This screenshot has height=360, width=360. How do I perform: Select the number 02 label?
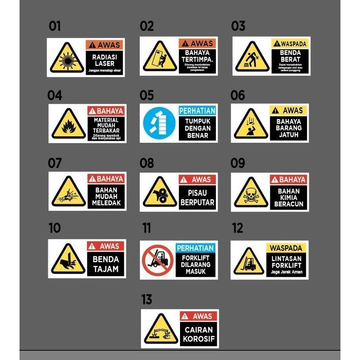[x=147, y=27]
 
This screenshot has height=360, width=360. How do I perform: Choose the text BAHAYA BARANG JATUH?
[x=289, y=128]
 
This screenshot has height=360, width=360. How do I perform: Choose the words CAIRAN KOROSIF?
[x=198, y=334]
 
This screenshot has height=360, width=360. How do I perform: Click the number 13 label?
[x=147, y=300]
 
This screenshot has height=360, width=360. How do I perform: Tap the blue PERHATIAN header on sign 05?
[x=197, y=111]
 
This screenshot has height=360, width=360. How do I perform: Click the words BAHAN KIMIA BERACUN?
[x=289, y=197]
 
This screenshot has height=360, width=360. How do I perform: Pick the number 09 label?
[x=238, y=163]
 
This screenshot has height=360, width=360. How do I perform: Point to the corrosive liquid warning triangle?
[x=160, y=329]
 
